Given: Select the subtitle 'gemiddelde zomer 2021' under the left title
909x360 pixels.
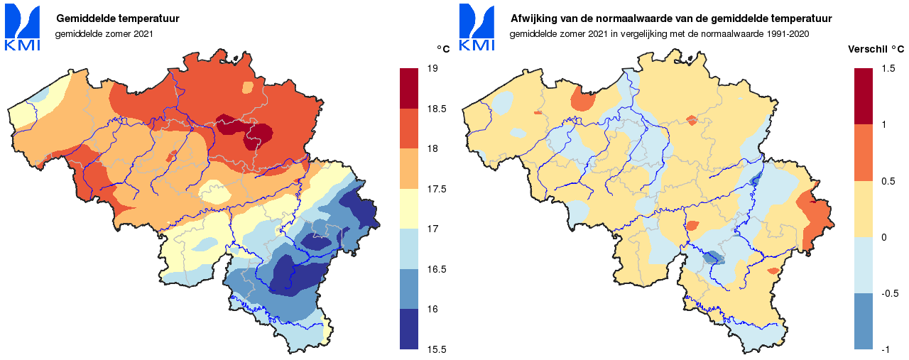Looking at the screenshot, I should (x=104, y=33).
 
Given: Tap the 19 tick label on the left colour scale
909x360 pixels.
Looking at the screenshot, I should (x=432, y=69).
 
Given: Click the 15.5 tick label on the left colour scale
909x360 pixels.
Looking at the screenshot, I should (x=436, y=349).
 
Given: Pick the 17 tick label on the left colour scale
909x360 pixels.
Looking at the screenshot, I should (x=432, y=229).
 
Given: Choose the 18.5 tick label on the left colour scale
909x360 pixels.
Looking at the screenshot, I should (x=436, y=109).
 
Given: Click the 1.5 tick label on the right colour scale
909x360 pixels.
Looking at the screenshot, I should (x=888, y=69).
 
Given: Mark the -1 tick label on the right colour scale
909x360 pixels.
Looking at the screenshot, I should (x=885, y=349).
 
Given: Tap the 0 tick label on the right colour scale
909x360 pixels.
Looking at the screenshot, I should (x=883, y=237).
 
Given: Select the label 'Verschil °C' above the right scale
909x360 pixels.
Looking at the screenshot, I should (x=876, y=50).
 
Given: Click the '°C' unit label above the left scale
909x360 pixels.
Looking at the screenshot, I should (x=443, y=49).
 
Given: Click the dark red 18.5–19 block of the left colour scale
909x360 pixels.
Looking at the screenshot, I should (x=409, y=88).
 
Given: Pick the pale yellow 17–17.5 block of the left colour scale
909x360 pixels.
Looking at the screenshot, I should (x=409, y=209).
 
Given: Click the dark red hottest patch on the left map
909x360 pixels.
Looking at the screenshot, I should (x=256, y=135).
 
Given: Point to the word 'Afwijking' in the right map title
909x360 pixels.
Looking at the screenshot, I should (x=534, y=18).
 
